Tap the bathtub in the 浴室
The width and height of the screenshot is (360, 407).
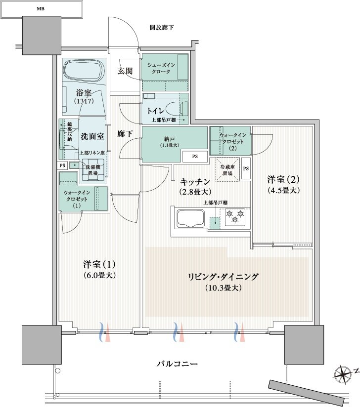[x=84, y=72]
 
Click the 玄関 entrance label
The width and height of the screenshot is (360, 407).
[x=125, y=71]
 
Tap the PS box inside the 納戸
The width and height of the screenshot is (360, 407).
[x=194, y=157]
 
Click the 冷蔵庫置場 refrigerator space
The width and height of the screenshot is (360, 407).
[x=227, y=170]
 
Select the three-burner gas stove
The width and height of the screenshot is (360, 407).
[x=235, y=216]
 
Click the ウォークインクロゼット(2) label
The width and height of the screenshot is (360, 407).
[x=230, y=141]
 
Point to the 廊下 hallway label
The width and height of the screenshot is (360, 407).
[x=124, y=134]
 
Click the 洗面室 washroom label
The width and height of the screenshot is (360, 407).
[x=92, y=136]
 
